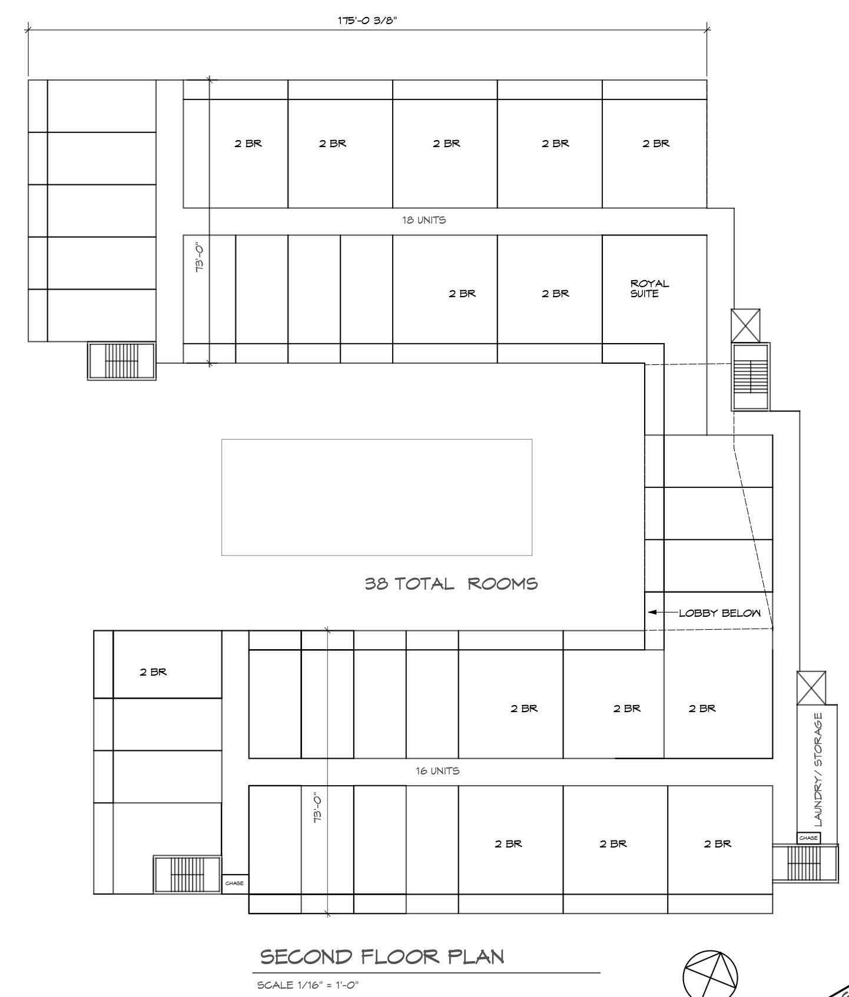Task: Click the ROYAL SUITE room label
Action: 649,288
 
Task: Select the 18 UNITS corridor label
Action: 424,220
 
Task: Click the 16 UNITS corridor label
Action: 437,770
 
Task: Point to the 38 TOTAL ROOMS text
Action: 451,584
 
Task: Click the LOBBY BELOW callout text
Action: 719,613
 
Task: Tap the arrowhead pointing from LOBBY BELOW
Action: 652,613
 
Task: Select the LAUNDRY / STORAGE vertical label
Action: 818,770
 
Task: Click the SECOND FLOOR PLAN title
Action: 382,956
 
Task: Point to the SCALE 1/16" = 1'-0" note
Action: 308,985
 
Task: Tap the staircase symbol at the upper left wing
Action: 122,361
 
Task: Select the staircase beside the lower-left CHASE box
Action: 187,875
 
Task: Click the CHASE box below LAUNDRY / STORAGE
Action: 808,838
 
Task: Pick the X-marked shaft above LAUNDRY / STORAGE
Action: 811,688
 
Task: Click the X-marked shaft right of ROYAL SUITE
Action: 745,325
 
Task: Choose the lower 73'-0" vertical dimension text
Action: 318,806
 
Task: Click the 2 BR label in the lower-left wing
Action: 153,672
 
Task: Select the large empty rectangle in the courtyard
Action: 377,439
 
